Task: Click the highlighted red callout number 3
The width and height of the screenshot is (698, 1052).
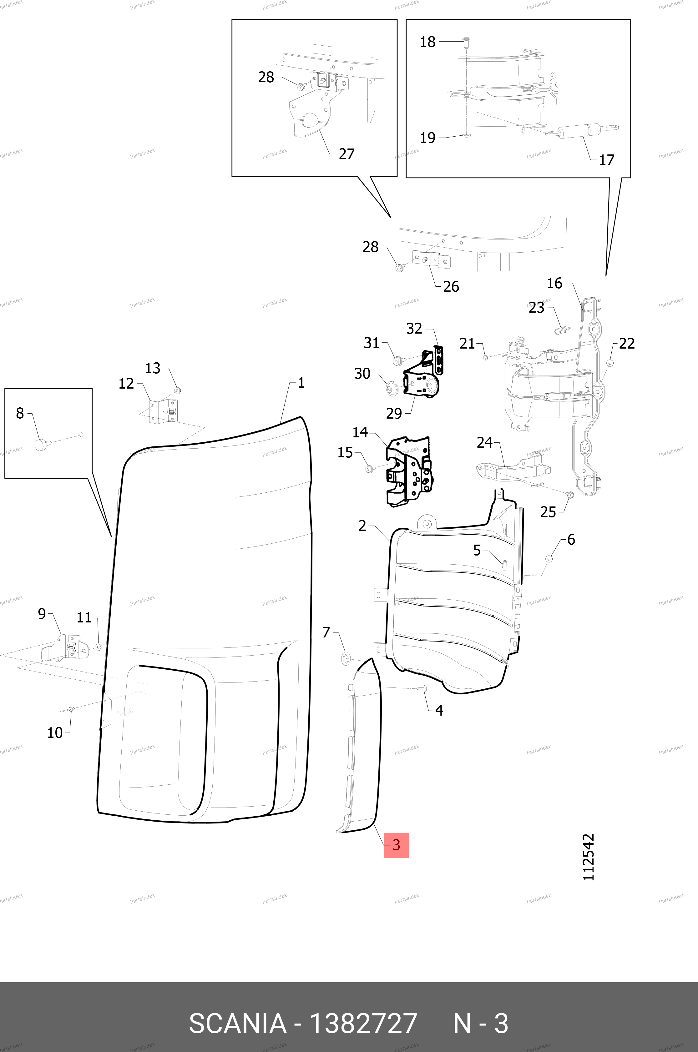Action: pyautogui.click(x=396, y=845)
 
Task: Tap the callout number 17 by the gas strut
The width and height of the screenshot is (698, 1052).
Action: pyautogui.click(x=606, y=160)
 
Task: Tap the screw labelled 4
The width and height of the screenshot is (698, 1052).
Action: pyautogui.click(x=422, y=688)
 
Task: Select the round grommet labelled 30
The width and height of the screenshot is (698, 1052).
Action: pyautogui.click(x=392, y=387)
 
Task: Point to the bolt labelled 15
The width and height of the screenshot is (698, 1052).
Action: pyautogui.click(x=369, y=469)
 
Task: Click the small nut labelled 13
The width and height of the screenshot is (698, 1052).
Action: pyautogui.click(x=177, y=390)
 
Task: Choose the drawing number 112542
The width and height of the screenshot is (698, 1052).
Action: pyautogui.click(x=589, y=857)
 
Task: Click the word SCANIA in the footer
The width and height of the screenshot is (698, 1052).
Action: pyautogui.click(x=237, y=1023)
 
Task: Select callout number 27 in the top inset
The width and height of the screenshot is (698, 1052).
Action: pyautogui.click(x=346, y=154)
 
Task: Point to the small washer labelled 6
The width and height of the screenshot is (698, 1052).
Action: pyautogui.click(x=549, y=558)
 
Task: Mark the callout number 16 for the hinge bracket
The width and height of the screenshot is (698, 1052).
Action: pyautogui.click(x=555, y=283)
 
